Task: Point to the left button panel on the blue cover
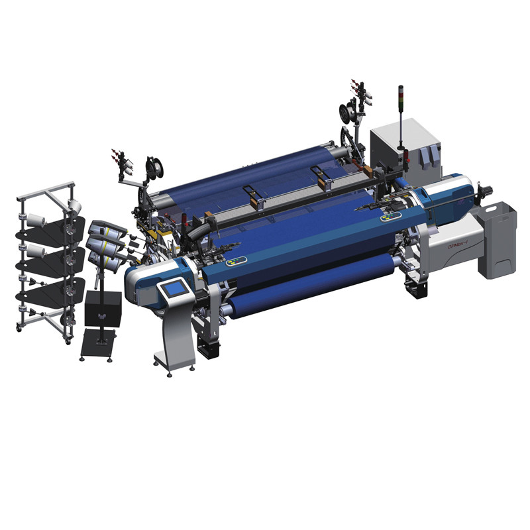(x=237, y=261)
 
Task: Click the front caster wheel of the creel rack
(x=67, y=339)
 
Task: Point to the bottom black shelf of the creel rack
(x=50, y=291)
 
